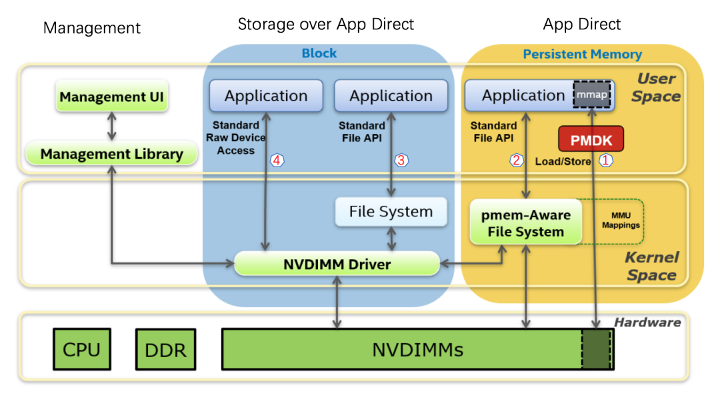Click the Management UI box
[111, 97]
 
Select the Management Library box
[111, 154]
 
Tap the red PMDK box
[591, 140]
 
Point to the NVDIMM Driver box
[337, 264]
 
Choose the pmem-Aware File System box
[526, 223]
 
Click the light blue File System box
[391, 212]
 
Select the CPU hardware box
[81, 350]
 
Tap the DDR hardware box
[165, 350]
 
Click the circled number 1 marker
[605, 160]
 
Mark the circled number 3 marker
[401, 160]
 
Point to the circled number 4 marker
[277, 160]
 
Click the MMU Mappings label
[621, 220]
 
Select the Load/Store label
[563, 161]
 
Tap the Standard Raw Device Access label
[235, 138]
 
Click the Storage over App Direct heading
[326, 25]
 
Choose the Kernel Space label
[651, 266]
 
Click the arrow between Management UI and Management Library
[111, 125]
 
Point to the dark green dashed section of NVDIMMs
[597, 350]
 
